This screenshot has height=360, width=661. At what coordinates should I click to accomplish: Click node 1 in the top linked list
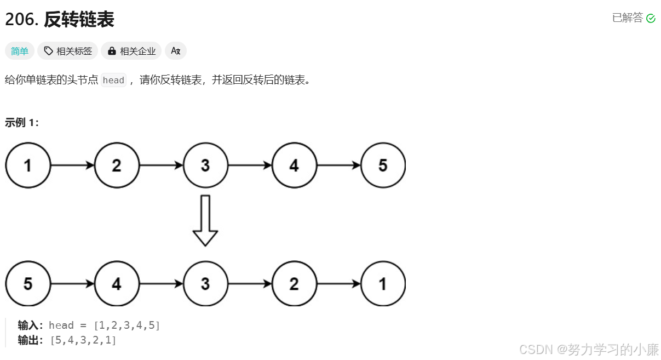(x=28, y=165)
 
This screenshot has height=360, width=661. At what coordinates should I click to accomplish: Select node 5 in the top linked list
(x=383, y=165)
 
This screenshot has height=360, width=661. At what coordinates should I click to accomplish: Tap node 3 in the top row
(x=205, y=165)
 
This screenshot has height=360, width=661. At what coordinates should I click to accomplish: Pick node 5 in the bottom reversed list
(x=28, y=284)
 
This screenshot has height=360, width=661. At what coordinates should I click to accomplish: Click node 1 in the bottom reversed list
(x=383, y=284)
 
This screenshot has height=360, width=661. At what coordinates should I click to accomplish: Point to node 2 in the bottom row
(x=294, y=284)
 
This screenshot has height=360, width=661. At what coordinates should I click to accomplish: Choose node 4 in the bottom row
(x=117, y=284)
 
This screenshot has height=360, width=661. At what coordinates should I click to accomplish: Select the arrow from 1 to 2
(x=72, y=165)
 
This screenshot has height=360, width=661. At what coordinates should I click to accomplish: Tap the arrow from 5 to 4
(x=72, y=284)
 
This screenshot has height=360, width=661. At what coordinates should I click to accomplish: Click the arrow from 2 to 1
(x=338, y=284)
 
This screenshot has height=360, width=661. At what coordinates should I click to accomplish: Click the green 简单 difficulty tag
(x=20, y=51)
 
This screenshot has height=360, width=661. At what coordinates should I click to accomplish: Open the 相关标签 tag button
(x=68, y=51)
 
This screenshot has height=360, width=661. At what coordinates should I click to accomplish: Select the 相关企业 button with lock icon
(x=131, y=51)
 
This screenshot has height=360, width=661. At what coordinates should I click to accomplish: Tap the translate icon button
(x=176, y=51)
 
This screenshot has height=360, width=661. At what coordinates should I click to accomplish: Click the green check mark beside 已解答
(x=651, y=19)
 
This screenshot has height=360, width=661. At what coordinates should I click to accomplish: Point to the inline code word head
(x=114, y=80)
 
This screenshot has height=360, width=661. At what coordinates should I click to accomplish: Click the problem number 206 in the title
(x=21, y=20)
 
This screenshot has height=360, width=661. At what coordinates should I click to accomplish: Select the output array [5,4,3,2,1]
(x=83, y=340)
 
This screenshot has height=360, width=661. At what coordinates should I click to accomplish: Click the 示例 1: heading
(x=22, y=123)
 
